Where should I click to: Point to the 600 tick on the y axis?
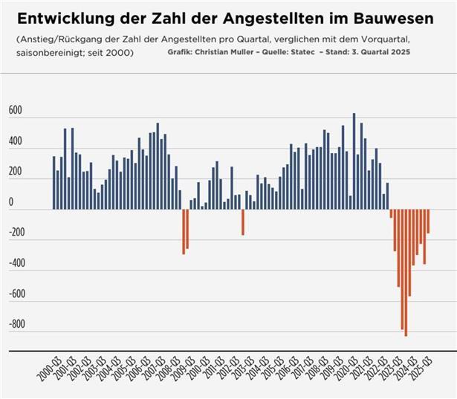coord(16,111)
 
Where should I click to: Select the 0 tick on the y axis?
coord(10,202)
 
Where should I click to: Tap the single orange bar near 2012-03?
coord(242,222)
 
